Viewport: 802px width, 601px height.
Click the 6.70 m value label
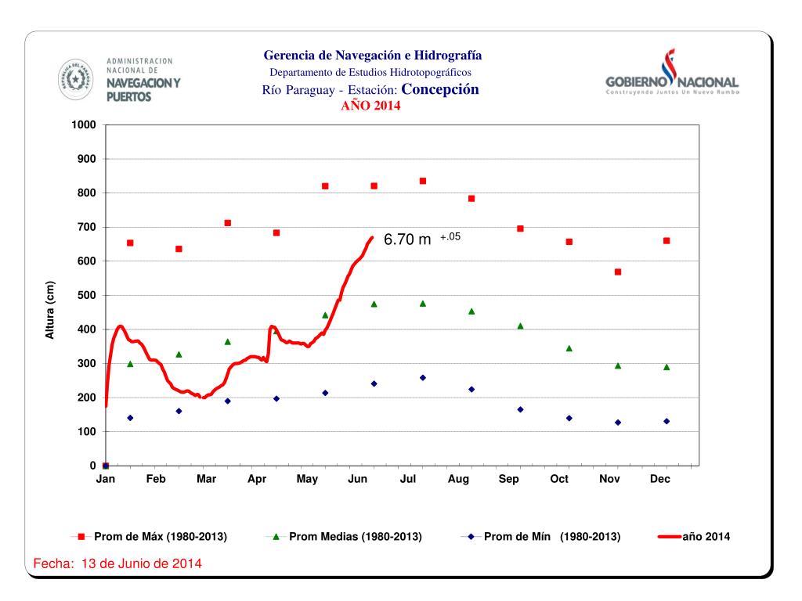[x=407, y=240]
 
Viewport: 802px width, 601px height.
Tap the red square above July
[x=423, y=181]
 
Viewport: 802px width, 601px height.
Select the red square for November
[x=618, y=272]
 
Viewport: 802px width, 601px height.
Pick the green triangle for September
[x=520, y=326]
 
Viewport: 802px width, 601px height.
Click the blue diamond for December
[x=667, y=421]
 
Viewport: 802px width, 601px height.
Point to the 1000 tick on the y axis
[x=84, y=125]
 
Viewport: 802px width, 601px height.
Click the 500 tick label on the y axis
[x=85, y=296]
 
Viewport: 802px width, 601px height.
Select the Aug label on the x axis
[x=458, y=479]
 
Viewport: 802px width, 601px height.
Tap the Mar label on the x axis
[x=206, y=479]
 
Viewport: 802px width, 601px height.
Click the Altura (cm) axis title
[x=49, y=310]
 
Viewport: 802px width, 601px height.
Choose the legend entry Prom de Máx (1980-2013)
[x=161, y=537]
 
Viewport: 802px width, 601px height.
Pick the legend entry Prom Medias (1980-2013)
[x=355, y=537]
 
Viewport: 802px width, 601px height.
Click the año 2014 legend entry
[x=706, y=537]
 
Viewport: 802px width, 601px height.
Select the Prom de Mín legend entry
[x=551, y=537]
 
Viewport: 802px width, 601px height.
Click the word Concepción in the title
[x=439, y=89]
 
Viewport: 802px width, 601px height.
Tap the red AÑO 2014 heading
[x=370, y=106]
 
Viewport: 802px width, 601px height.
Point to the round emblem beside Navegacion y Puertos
[x=75, y=78]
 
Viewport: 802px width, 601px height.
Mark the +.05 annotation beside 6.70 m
[x=450, y=236]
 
